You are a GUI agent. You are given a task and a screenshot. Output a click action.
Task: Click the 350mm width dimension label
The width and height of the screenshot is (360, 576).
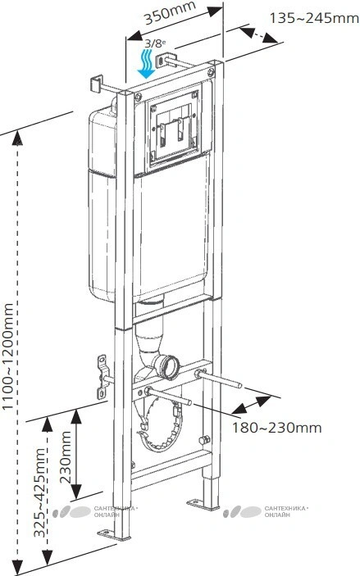pyautogui.click(x=170, y=13)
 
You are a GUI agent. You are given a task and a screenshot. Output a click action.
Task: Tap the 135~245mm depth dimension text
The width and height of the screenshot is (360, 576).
pyautogui.click(x=314, y=18)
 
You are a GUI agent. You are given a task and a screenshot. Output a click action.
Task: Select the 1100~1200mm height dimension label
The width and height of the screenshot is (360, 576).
pyautogui.click(x=8, y=356)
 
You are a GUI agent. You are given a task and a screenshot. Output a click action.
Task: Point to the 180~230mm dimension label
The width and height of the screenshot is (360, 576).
pyautogui.click(x=276, y=428)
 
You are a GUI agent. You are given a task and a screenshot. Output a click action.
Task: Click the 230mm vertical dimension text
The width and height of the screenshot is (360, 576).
pyautogui.click(x=66, y=457)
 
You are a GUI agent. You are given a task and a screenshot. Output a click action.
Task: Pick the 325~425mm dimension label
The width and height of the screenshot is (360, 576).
pyautogui.click(x=39, y=492)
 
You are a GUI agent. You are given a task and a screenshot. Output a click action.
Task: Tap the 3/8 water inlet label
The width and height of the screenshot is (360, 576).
pyautogui.click(x=154, y=43)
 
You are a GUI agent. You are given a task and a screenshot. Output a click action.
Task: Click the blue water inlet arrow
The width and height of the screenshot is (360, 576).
pyautogui.click(x=146, y=64)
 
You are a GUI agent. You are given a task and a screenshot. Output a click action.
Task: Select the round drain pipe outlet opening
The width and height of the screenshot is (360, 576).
pyautogui.click(x=170, y=366)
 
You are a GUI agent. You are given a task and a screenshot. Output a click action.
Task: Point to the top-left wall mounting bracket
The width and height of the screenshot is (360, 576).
pyautogui.click(x=96, y=84)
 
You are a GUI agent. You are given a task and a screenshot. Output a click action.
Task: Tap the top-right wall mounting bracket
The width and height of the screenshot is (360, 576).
pyautogui.click(x=162, y=61)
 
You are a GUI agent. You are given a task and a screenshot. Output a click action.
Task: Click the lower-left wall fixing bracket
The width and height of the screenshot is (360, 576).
pyautogui.click(x=102, y=376)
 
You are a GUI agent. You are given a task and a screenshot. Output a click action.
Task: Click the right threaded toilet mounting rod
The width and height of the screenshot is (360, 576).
pyautogui.click(x=218, y=379)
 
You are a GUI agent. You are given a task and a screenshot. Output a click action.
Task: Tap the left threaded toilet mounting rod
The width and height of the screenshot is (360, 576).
pyautogui.click(x=169, y=396)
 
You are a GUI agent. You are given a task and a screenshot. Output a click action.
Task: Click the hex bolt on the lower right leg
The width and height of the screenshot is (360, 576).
pyautogui.click(x=204, y=439)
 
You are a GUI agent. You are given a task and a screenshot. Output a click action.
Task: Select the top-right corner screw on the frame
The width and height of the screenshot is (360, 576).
pyautogui.click(x=211, y=72)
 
